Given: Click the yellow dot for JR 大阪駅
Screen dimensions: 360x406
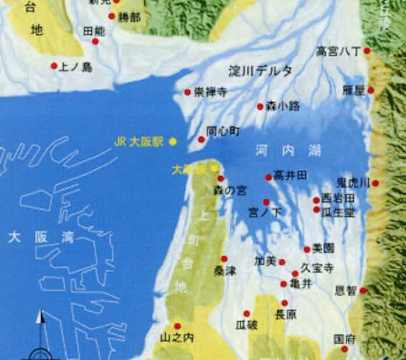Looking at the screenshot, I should point(173,141).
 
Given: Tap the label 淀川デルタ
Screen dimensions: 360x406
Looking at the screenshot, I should point(259,71).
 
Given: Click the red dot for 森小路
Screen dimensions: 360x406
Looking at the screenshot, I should point(260,106).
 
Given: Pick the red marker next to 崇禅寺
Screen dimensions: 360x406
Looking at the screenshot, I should point(188,92).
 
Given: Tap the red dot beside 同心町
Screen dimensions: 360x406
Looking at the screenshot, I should point(201,140).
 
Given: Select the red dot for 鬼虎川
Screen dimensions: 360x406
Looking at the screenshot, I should point(376,183).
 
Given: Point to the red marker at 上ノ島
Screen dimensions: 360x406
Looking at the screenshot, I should point(54,66).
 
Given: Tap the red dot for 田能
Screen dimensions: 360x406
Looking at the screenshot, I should point(95,41).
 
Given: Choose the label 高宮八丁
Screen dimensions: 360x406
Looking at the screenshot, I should point(339,52).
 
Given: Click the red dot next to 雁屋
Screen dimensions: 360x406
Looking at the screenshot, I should point(371,90).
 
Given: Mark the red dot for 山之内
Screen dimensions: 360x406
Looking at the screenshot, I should point(177,326).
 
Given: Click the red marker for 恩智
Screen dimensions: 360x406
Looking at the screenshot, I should point(364,291).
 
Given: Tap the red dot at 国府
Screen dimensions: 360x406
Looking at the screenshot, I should point(345,349).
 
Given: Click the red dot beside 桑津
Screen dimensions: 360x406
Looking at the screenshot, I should point(224,259).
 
